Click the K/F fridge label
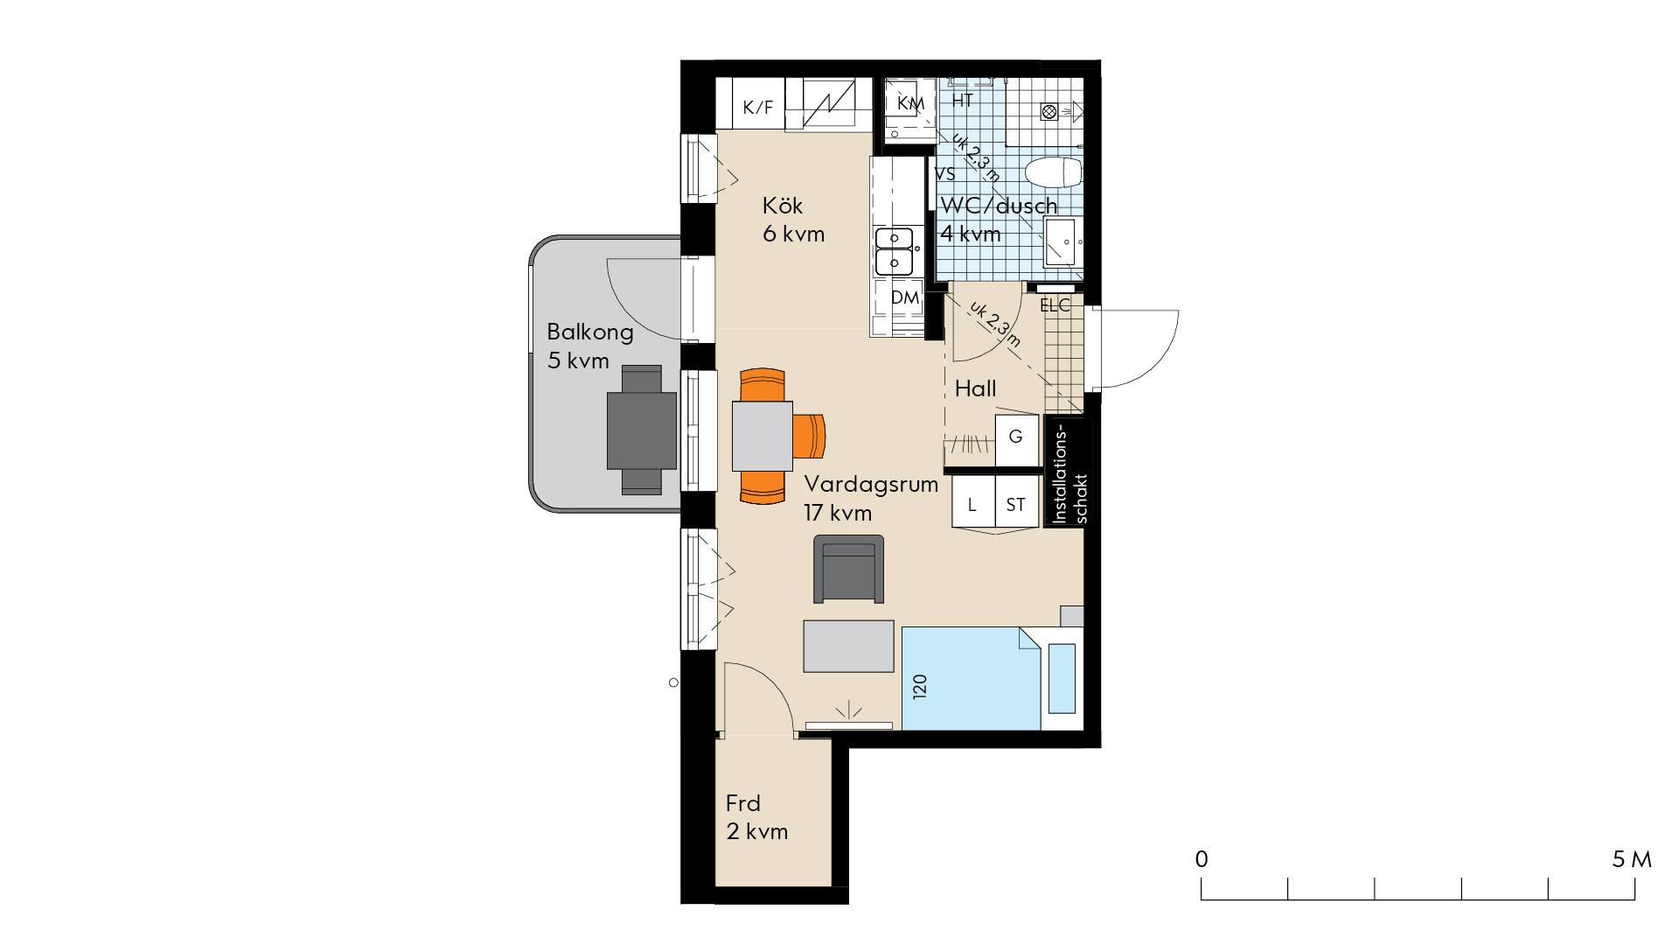pyautogui.click(x=758, y=108)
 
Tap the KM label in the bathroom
pyautogui.click(x=910, y=103)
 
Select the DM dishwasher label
pyautogui.click(x=905, y=297)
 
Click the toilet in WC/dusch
pyautogui.click(x=1053, y=172)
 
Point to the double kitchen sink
pyautogui.click(x=895, y=250)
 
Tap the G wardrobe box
pyautogui.click(x=1016, y=437)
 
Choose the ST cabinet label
pyautogui.click(x=1015, y=505)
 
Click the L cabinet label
pyautogui.click(x=972, y=505)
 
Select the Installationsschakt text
pyautogui.click(x=1069, y=473)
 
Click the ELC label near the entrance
pyautogui.click(x=1055, y=305)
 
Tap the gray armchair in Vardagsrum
pyautogui.click(x=848, y=569)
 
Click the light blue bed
pyautogui.click(x=971, y=678)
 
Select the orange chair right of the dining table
pyautogui.click(x=810, y=436)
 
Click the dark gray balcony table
pyautogui.click(x=642, y=430)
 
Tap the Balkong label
pyautogui.click(x=590, y=332)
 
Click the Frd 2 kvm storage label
pyautogui.click(x=756, y=817)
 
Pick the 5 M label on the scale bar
pyautogui.click(x=1632, y=859)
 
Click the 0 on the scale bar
pyautogui.click(x=1202, y=859)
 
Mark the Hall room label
pyautogui.click(x=975, y=388)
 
